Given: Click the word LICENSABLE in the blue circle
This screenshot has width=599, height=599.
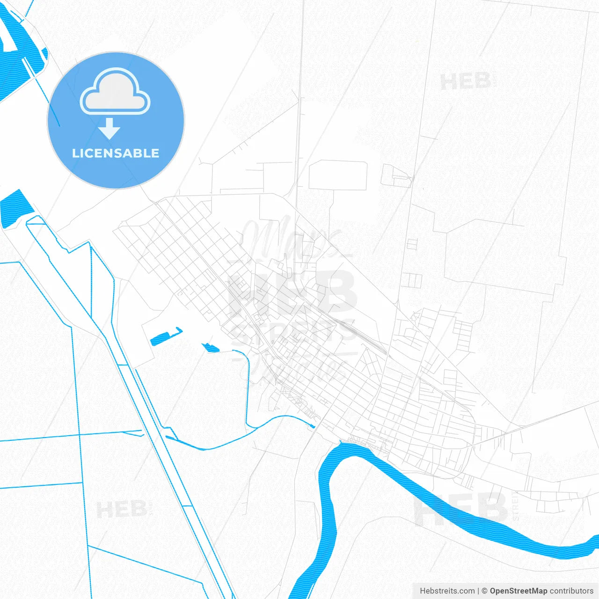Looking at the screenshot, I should tap(116, 153).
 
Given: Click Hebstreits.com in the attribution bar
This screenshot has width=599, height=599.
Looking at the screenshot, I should tap(447, 591).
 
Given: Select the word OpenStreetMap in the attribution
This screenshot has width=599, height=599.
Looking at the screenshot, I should tap(518, 591).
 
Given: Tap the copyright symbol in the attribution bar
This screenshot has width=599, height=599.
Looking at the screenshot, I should tap(484, 591).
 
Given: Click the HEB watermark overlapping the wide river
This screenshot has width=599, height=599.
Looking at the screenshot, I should tap(461, 509).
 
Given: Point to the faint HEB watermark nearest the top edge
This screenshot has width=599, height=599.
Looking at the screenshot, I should tap(465, 81).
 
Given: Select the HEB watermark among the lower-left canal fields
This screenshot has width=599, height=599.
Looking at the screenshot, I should tap(122, 509).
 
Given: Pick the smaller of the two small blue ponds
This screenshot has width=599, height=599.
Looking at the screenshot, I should tap(211, 348).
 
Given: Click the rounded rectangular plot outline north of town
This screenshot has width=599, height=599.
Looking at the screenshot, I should tap(337, 175).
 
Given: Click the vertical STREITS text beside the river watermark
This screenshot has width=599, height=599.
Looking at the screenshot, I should tap(516, 505).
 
